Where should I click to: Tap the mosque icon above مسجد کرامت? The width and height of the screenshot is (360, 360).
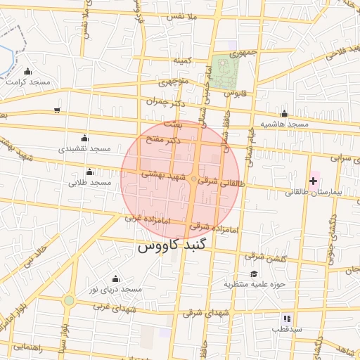click(28, 71)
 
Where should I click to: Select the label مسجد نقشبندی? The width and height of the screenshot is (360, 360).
click(84, 149)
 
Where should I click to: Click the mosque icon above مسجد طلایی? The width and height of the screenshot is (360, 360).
click(89, 172)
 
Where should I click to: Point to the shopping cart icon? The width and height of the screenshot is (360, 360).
click(57, 110)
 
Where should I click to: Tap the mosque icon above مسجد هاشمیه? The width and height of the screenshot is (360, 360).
click(284, 113)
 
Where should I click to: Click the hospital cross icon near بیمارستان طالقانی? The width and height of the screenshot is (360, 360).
click(313, 181)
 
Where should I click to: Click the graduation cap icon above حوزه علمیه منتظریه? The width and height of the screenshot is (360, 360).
click(253, 274)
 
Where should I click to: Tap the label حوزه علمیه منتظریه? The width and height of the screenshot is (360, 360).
click(252, 285)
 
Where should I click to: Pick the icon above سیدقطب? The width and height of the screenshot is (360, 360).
click(287, 319)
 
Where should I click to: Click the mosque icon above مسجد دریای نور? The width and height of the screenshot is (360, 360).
click(115, 278)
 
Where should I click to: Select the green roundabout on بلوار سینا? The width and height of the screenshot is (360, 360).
click(68, 300)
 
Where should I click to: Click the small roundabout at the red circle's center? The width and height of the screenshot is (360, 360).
click(194, 180)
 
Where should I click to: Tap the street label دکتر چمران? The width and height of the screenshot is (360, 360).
click(165, 104)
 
